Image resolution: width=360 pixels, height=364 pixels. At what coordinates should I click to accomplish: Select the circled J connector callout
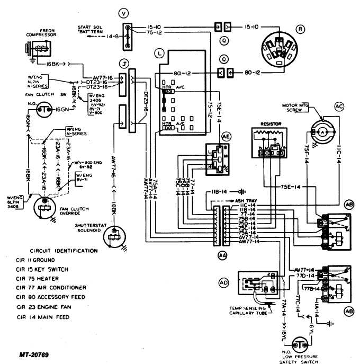click(124, 64)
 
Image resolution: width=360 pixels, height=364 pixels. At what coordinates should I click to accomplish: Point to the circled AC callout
click(339, 105)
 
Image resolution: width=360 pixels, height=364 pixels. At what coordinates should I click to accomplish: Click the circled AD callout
click(223, 283)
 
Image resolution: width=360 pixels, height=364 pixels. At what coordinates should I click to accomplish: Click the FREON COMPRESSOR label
click(41, 32)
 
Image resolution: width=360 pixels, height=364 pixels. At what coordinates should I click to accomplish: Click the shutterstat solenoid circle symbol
click(113, 237)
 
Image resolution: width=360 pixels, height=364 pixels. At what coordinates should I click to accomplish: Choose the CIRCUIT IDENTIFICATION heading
click(64, 250)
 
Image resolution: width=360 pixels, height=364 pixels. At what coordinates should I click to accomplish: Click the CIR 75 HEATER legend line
click(44, 278)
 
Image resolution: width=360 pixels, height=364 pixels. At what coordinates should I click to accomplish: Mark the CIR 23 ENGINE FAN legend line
click(51, 307)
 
